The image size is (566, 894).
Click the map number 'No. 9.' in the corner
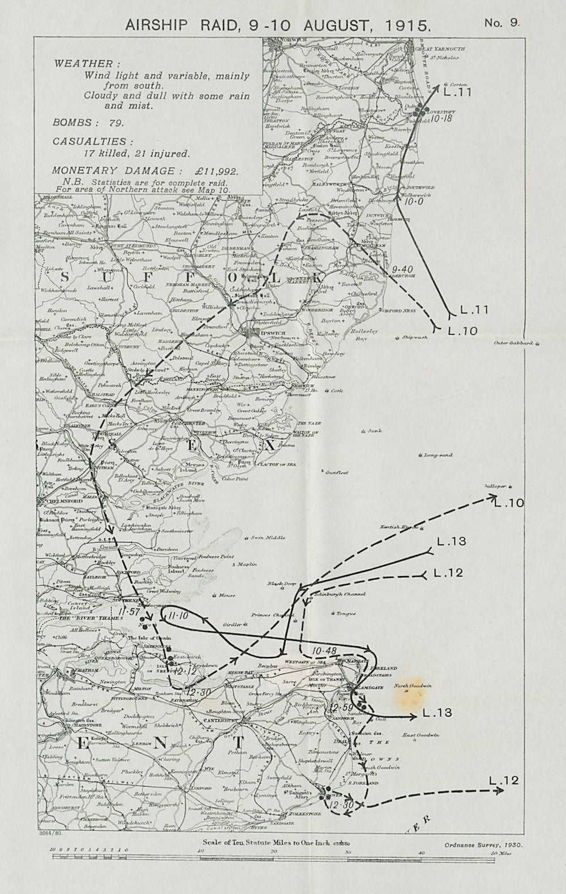point(501,23)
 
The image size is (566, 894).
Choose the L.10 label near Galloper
point(509,502)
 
